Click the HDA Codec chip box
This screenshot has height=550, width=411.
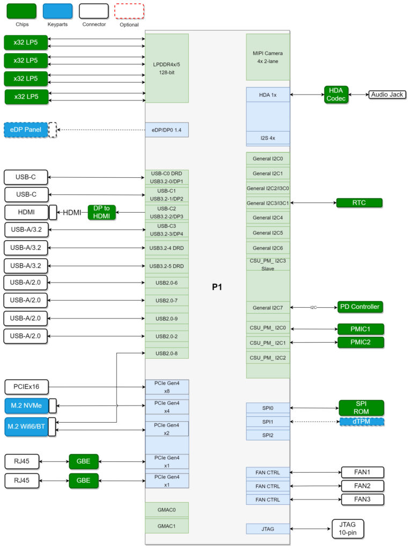click(336, 95)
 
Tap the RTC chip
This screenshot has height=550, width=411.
click(359, 203)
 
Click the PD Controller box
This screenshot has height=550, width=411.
click(359, 307)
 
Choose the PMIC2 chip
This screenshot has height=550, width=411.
click(361, 342)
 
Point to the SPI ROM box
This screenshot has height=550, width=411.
click(361, 408)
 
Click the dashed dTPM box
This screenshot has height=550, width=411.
click(362, 422)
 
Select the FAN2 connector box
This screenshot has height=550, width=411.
click(362, 486)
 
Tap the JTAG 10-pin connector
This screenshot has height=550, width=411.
click(348, 529)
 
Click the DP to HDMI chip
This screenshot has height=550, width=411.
click(102, 212)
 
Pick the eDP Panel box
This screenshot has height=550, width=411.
click(26, 130)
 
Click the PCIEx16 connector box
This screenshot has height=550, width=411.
click(26, 386)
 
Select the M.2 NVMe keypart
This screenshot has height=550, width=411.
click(26, 404)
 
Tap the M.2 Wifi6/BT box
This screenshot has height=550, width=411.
click(26, 426)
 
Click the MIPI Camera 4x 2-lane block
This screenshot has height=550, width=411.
click(268, 57)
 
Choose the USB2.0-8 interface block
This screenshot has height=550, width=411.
click(167, 353)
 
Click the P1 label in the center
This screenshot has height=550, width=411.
click(217, 287)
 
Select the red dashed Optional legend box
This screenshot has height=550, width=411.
click(129, 11)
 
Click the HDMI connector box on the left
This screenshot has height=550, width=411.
click(26, 212)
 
